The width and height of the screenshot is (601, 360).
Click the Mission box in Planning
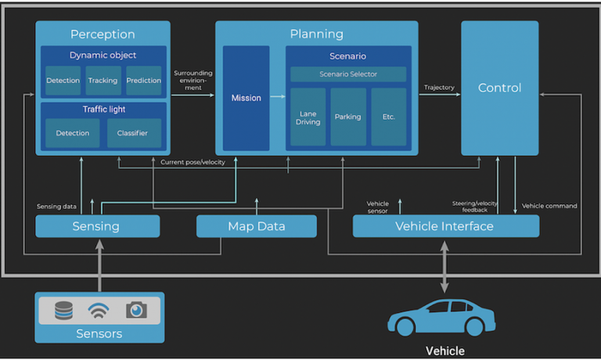[246, 99]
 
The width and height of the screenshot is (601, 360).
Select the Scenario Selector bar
[348, 74]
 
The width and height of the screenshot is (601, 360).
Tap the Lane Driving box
[308, 117]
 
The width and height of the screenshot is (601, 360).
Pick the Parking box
[348, 117]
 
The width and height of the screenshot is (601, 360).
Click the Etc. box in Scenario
[389, 117]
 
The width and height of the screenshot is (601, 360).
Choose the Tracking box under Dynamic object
[103, 81]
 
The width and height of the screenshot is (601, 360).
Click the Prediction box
[144, 81]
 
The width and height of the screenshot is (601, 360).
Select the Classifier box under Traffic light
[133, 133]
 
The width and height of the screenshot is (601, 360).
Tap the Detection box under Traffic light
[72, 133]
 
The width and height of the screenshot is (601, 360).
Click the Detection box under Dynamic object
[63, 81]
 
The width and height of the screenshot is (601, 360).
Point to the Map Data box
[256, 226]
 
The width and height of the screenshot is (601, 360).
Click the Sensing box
[96, 226]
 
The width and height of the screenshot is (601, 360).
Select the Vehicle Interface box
[444, 226]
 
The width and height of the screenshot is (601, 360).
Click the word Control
[499, 88]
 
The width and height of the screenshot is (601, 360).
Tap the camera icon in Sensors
[136, 310]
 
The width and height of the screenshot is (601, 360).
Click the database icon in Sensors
[63, 310]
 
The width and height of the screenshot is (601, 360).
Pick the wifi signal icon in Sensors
[99, 310]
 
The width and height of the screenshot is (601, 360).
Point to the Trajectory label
[438, 87]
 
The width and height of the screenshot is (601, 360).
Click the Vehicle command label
[549, 206]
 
